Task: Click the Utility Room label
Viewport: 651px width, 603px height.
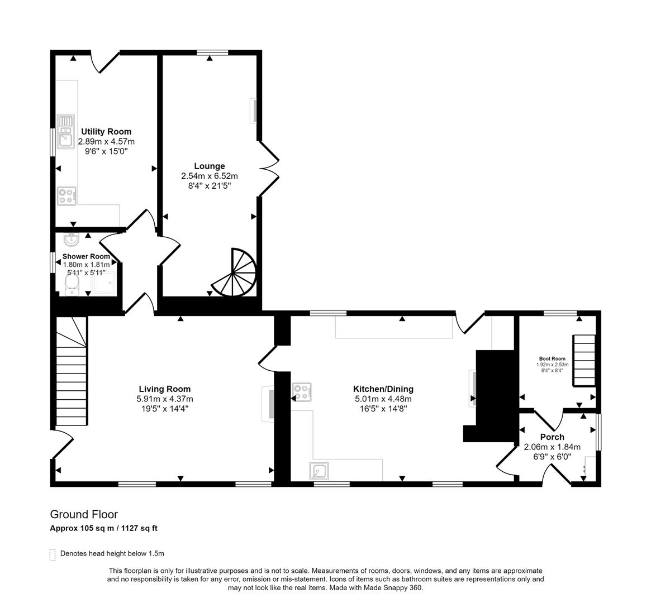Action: [x=106, y=132]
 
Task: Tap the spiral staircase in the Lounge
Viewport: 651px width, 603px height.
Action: [x=236, y=274]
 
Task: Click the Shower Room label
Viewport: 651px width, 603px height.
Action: [x=86, y=256]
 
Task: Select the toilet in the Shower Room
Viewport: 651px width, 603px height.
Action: [x=71, y=287]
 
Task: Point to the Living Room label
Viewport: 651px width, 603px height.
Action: [x=165, y=389]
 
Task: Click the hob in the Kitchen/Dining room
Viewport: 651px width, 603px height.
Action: [x=302, y=392]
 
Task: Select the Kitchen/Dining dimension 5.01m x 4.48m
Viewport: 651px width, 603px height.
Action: [x=383, y=399]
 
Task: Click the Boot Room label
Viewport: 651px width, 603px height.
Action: [x=552, y=358]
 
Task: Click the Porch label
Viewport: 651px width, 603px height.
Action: [x=552, y=437]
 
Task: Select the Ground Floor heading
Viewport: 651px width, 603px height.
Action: [x=84, y=514]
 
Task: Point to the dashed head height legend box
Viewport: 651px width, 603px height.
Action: [x=53, y=554]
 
